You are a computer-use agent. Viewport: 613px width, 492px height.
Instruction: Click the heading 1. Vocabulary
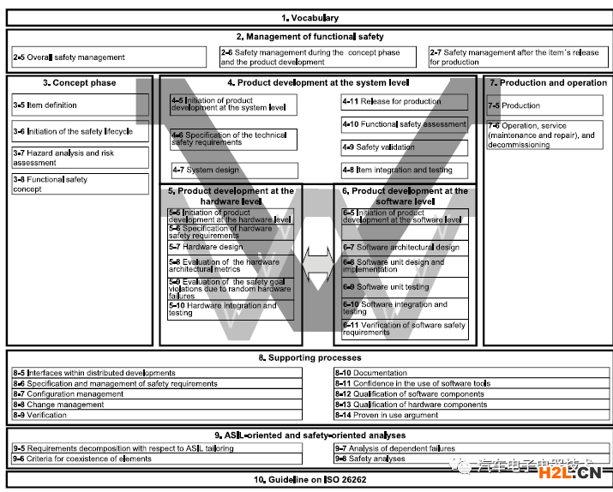point(310,17)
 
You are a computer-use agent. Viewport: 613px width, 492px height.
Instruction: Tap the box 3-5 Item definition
point(80,105)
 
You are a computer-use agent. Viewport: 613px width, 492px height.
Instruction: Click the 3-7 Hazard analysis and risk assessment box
point(80,158)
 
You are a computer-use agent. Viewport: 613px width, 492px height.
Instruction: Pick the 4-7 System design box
point(233,170)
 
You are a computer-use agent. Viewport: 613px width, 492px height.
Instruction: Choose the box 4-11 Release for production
point(404,102)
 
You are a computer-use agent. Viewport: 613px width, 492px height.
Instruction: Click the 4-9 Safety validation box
point(404,147)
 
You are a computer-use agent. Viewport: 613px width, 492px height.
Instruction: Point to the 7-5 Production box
point(546,105)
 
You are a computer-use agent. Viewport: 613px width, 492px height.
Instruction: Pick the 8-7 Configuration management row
point(156,394)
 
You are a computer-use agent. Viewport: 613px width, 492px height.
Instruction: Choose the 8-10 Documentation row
point(471,373)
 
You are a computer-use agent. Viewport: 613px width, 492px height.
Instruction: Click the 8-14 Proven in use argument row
point(471,415)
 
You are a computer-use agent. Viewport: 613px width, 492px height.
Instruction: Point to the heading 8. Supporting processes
point(310,357)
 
